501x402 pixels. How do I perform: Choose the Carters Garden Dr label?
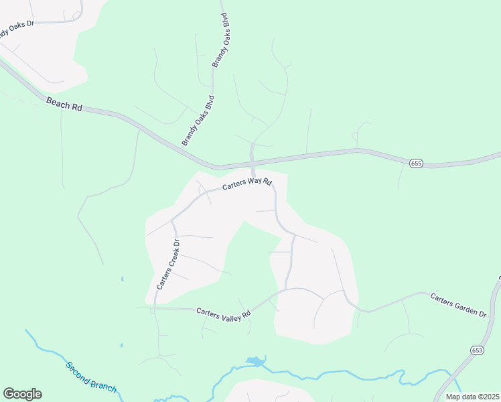click(458, 305)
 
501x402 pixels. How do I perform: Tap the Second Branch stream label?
click(91, 378)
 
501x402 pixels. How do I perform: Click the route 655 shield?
click(416, 163)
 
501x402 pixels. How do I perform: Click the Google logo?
click(22, 393)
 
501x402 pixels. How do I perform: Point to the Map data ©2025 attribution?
click(472, 397)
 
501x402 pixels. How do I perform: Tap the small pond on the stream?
click(256, 362)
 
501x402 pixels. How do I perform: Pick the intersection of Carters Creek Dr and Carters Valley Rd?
click(154, 308)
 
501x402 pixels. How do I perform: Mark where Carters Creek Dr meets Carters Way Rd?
click(172, 220)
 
